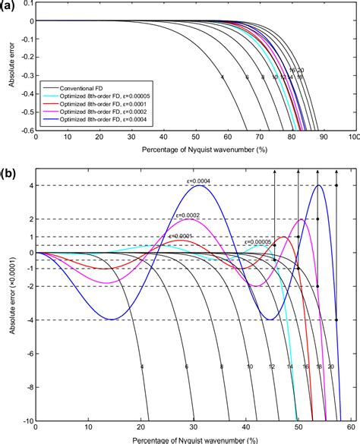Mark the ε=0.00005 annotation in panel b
(260, 242)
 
